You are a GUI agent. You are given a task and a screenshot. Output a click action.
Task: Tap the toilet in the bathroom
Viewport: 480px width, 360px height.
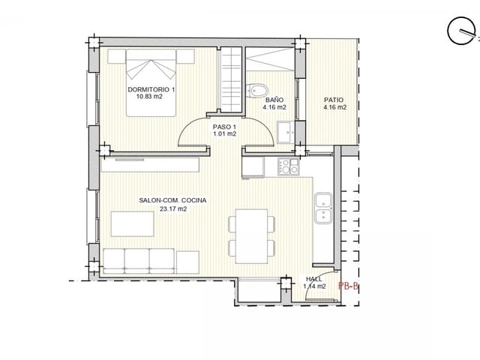tap(256, 89)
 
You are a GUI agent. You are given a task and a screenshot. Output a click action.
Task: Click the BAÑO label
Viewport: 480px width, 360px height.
tap(274, 99)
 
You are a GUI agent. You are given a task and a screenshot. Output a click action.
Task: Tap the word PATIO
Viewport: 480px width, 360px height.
tap(334, 99)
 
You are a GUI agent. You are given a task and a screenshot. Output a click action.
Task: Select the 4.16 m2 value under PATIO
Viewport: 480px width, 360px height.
tap(334, 107)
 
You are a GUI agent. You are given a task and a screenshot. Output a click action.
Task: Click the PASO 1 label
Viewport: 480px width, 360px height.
tap(224, 127)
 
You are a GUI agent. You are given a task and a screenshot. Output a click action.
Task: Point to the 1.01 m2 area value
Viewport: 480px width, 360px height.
tap(224, 134)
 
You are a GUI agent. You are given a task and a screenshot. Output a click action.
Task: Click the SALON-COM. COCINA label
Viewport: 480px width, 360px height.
tap(172, 201)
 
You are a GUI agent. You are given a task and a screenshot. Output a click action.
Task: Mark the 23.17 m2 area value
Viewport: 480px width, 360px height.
tap(172, 209)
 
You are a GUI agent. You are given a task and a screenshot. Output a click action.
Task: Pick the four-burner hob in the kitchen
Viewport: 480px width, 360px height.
tap(287, 166)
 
